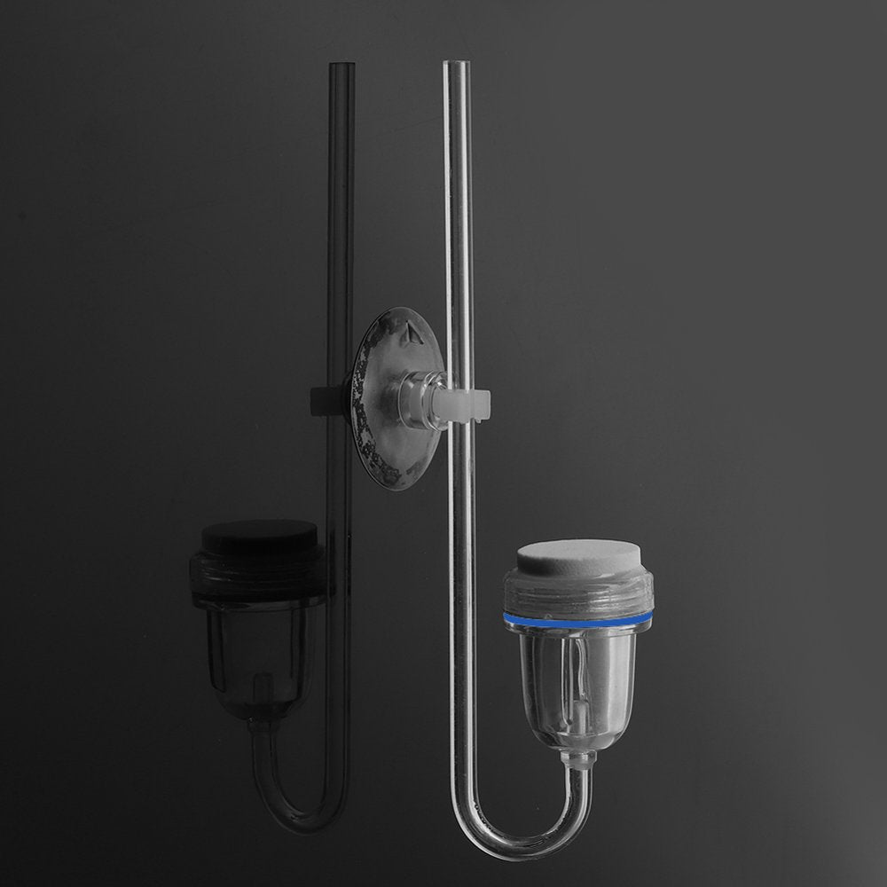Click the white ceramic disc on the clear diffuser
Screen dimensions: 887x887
tap(578, 556)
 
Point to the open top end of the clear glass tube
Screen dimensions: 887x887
tap(456, 65)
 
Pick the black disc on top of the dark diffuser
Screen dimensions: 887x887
tap(259, 537)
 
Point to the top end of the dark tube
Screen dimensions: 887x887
tap(341, 67)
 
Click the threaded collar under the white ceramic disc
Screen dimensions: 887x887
tap(578, 591)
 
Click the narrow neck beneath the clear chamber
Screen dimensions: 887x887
tap(579, 759)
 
